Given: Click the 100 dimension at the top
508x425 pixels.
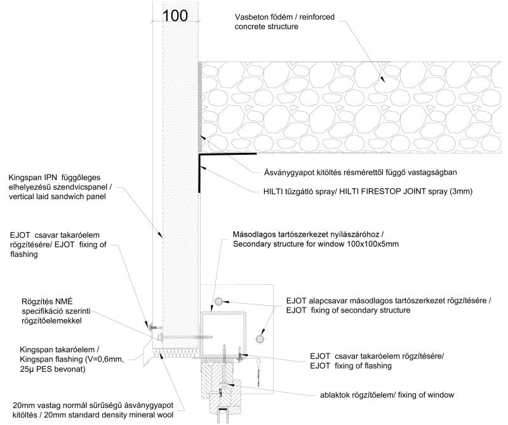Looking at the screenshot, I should pyautogui.click(x=175, y=15).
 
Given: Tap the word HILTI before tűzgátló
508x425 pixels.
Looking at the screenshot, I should pyautogui.click(x=275, y=190).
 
